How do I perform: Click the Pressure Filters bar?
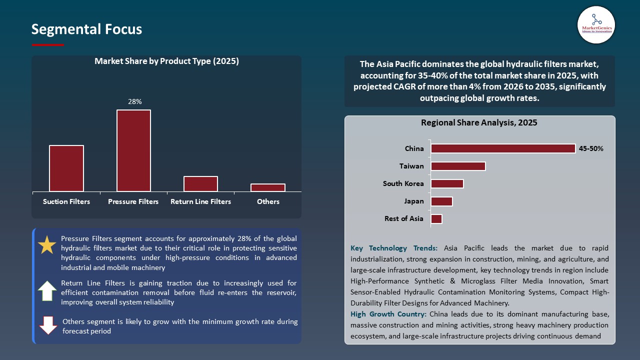pos(133,150)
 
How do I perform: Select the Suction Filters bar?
pos(66,168)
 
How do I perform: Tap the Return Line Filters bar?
pos(200,183)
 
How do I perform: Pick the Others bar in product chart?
pos(268,187)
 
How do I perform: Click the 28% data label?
pos(135,101)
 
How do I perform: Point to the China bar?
pos(503,148)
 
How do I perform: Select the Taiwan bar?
pos(458,166)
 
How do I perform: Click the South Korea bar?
pos(447,183)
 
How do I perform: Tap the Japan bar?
pos(441,201)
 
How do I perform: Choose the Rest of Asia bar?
pos(436,218)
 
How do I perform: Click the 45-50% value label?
pos(591,148)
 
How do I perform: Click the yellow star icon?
pos(47,245)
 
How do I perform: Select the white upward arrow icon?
pos(47,290)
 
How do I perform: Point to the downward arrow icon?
pos(48,325)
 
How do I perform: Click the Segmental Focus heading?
pos(86,29)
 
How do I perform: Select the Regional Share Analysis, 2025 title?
pos(479,122)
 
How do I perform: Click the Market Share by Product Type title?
pos(166,61)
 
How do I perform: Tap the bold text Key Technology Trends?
pos(394,248)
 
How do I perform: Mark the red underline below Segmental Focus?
pos(48,45)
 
